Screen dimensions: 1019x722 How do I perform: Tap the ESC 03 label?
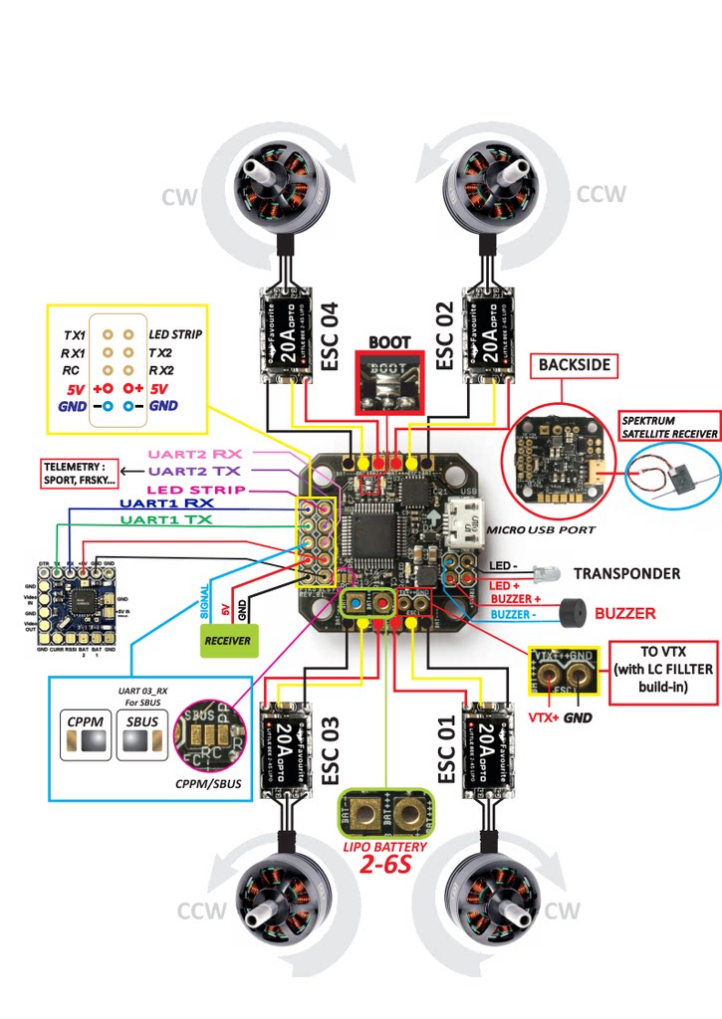pos(332,748)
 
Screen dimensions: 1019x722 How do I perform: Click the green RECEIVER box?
pos(227,641)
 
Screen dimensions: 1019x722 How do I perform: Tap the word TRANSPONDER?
pos(627,573)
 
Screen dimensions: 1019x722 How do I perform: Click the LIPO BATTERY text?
pos(383,847)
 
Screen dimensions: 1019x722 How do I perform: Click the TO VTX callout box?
pos(662,673)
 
